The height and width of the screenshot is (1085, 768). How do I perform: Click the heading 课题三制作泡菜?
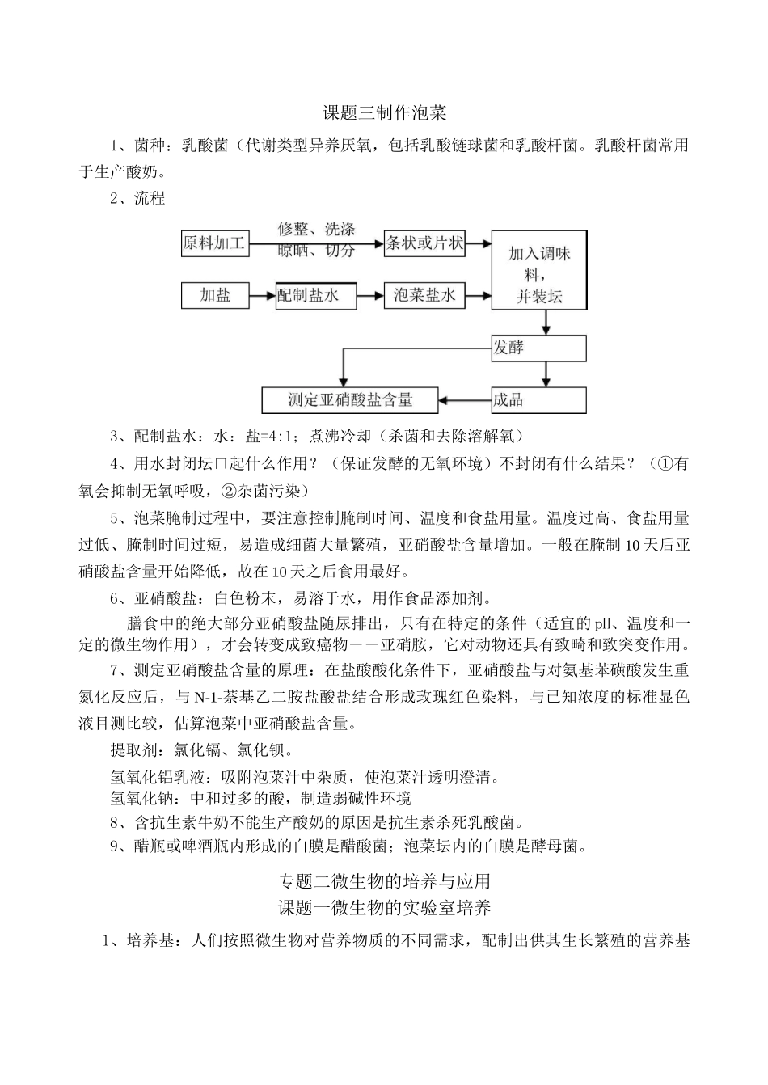tap(384, 112)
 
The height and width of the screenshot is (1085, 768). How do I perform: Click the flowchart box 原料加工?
tap(214, 243)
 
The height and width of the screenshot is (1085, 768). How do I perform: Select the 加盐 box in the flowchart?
tap(215, 296)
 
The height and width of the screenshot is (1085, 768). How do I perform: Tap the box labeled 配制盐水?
tap(306, 296)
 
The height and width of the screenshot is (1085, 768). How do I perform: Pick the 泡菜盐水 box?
tap(425, 296)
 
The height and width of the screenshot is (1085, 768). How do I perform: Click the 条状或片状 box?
tap(425, 243)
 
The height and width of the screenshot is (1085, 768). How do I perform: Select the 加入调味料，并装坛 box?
tap(539, 275)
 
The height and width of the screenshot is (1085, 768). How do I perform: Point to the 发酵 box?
tap(538, 348)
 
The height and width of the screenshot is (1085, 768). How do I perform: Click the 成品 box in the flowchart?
tap(538, 399)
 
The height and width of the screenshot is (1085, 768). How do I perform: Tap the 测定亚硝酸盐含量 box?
tap(351, 399)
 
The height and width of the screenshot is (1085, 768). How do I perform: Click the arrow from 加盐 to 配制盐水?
tap(262, 297)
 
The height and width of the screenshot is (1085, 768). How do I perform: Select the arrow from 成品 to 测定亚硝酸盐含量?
tap(466, 399)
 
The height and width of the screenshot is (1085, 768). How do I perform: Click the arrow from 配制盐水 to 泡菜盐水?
tap(372, 296)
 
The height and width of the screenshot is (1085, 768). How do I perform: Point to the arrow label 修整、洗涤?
tap(316, 230)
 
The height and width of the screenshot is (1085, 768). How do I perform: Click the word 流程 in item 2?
tap(150, 198)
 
